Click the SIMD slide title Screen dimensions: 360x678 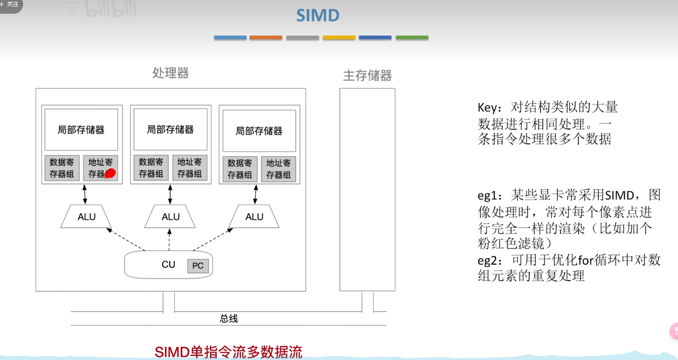click(x=318, y=16)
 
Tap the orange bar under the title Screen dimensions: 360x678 click(x=266, y=37)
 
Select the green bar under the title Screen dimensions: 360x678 click(x=412, y=37)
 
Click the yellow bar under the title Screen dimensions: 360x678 click(x=339, y=37)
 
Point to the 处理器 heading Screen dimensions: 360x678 click(x=170, y=73)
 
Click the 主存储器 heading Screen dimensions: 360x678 click(x=367, y=76)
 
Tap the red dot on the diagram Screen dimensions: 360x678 click(x=110, y=173)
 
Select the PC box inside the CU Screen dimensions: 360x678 click(x=198, y=266)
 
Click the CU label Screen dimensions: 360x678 click(x=168, y=265)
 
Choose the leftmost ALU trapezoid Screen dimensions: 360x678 click(x=86, y=217)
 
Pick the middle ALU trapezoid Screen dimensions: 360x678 click(x=170, y=217)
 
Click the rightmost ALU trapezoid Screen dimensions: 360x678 click(x=254, y=217)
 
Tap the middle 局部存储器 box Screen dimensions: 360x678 click(x=170, y=129)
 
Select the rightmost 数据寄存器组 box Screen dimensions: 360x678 click(x=240, y=169)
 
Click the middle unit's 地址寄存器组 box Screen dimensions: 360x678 click(x=189, y=168)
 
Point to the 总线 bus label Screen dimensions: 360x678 click(x=229, y=319)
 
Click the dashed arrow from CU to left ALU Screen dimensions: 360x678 click(x=125, y=240)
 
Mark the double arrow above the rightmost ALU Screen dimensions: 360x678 click(x=255, y=194)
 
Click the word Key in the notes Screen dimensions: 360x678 click(x=487, y=108)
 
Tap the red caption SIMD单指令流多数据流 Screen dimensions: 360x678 click(x=229, y=352)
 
